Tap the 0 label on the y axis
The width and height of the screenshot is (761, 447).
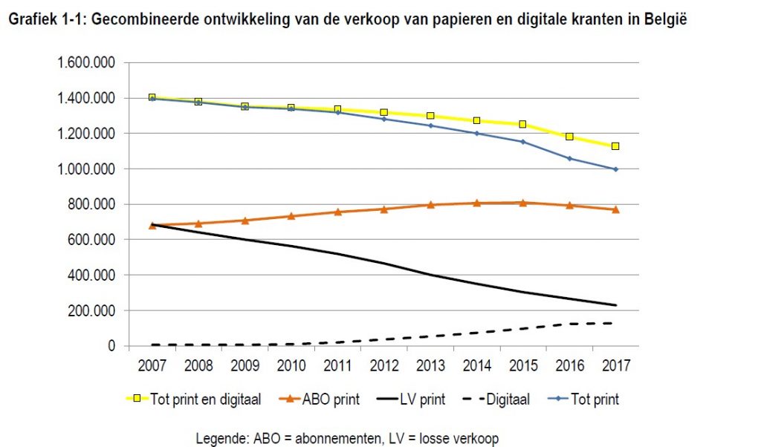click(x=111, y=346)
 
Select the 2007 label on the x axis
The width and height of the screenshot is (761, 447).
click(x=152, y=365)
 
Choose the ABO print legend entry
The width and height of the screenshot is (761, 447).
click(x=327, y=399)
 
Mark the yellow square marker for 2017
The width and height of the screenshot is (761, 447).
click(x=615, y=146)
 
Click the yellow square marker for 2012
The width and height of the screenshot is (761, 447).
click(x=383, y=112)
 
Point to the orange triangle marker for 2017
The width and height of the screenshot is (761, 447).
click(x=615, y=209)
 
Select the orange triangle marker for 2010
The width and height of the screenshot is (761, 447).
click(x=291, y=216)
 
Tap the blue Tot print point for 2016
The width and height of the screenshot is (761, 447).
click(x=569, y=158)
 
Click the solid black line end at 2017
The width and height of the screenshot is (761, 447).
click(x=615, y=305)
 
